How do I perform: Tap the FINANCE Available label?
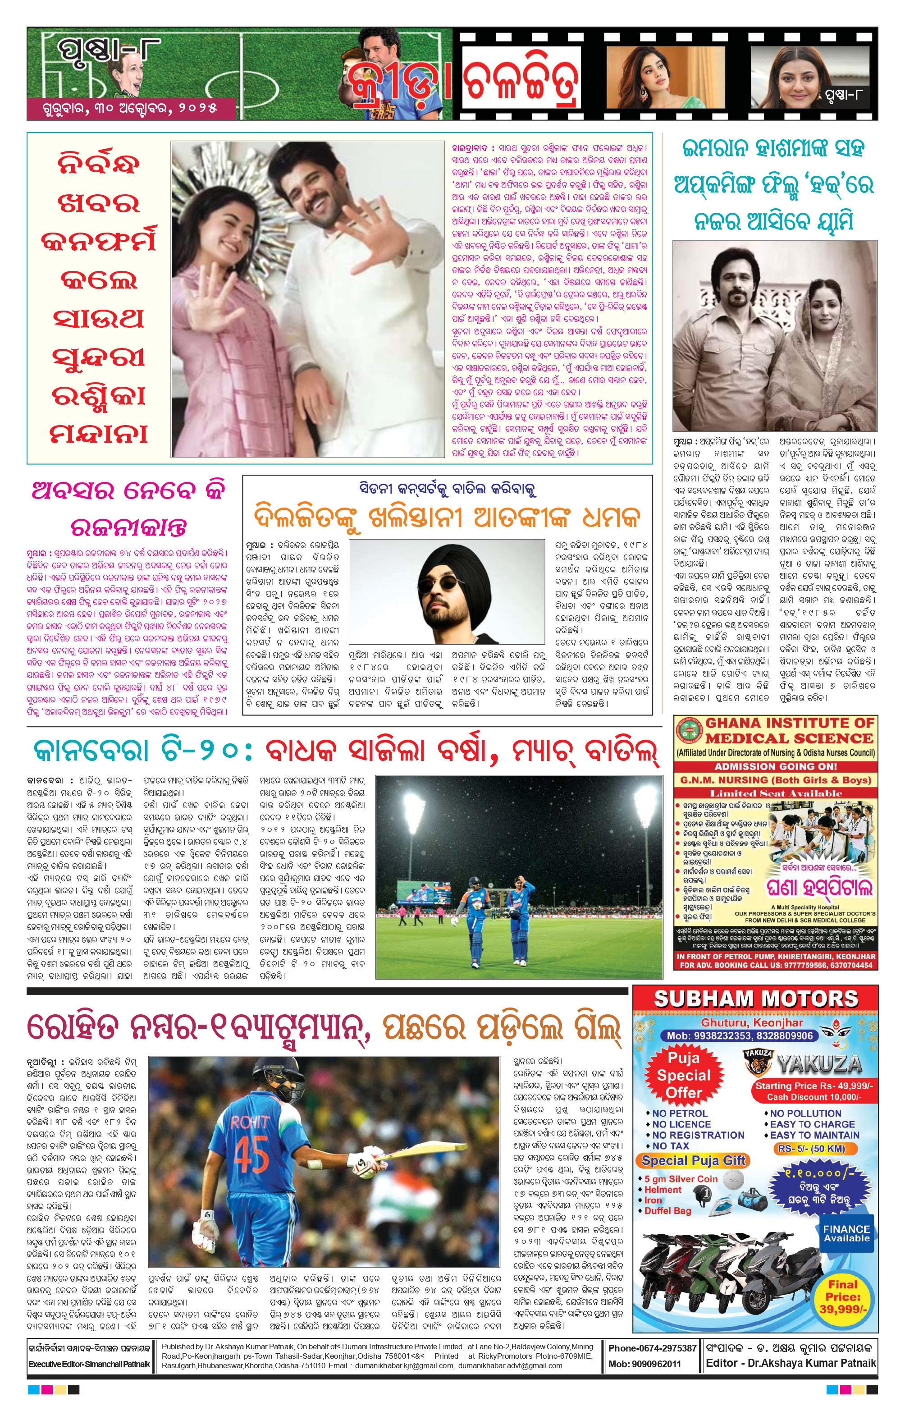click(x=846, y=1233)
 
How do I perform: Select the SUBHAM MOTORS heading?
click(x=756, y=999)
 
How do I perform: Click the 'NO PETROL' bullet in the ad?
click(x=679, y=1113)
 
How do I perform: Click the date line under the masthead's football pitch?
click(x=130, y=109)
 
